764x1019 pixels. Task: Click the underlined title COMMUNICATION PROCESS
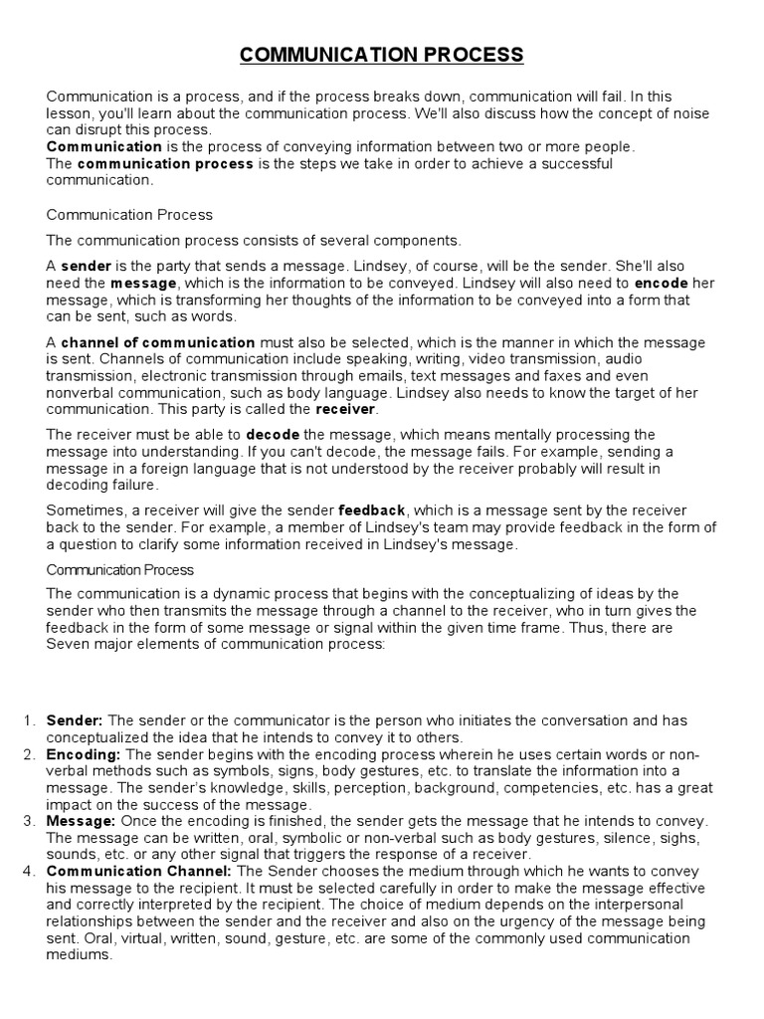381,55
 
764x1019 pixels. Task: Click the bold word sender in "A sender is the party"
87,267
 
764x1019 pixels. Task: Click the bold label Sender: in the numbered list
75,720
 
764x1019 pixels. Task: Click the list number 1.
28,720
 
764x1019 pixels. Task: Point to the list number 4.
28,871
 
